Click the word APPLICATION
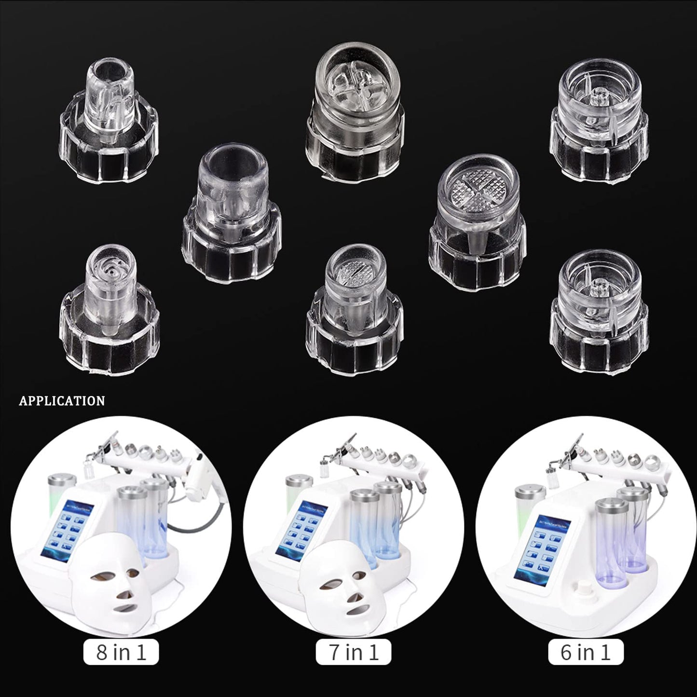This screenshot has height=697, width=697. (x=62, y=401)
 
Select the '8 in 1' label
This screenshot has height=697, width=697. (x=121, y=653)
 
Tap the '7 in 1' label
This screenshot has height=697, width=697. (x=353, y=653)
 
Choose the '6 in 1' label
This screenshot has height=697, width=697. (x=586, y=653)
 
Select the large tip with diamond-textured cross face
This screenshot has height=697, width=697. (x=477, y=222)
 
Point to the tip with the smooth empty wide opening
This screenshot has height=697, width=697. (x=232, y=212)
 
